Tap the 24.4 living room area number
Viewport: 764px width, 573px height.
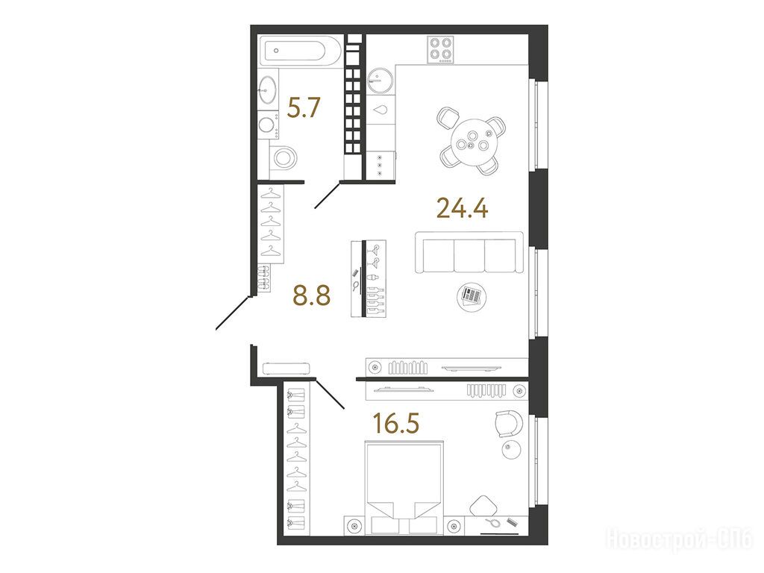[x=463, y=208]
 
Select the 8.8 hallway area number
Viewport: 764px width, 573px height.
[x=312, y=295]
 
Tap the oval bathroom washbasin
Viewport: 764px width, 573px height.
[x=268, y=90]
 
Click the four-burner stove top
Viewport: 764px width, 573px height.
[x=440, y=49]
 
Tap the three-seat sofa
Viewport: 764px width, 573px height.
[x=469, y=252]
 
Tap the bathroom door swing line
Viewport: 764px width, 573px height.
[x=328, y=195]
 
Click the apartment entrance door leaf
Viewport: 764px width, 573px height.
[x=233, y=312]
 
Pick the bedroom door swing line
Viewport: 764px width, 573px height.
[x=331, y=393]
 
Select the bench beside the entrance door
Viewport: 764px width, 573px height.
[x=286, y=368]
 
